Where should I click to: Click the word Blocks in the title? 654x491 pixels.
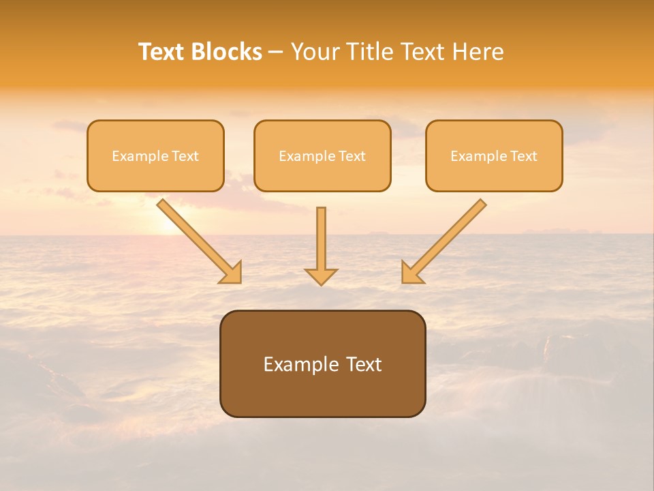click(x=224, y=52)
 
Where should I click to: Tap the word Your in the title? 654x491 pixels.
click(x=317, y=52)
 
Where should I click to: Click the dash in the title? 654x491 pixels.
click(x=276, y=53)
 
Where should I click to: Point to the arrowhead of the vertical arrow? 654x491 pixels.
click(x=322, y=276)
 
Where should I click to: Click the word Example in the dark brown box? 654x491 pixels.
click(x=298, y=365)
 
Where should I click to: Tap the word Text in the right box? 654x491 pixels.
click(x=524, y=156)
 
